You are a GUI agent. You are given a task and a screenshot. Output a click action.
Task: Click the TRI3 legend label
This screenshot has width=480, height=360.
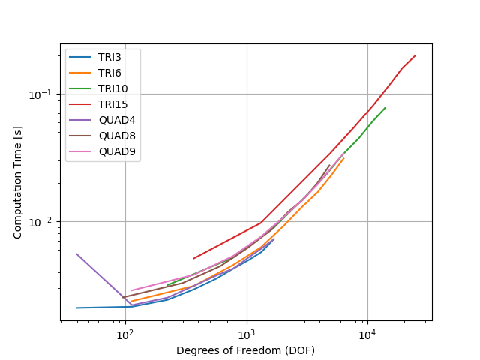pos(109,57)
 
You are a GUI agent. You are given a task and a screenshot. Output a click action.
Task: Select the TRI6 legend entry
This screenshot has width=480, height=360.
pos(109,73)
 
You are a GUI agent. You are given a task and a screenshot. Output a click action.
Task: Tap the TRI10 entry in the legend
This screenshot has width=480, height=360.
pos(113,88)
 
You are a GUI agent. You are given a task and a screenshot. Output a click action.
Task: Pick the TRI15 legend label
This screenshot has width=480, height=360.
pos(113,104)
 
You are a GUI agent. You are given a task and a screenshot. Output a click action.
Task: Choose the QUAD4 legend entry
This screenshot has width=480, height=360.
pos(117,120)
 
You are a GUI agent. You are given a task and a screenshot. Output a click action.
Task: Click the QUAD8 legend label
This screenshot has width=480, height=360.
pos(117,136)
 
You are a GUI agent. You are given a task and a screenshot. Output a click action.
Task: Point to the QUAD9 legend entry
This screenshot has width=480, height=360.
pos(117,151)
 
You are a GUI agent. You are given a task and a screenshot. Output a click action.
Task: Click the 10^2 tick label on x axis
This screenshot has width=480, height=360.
pos(125,335)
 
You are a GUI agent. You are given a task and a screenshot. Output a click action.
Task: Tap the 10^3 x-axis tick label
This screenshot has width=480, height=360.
pos(247,335)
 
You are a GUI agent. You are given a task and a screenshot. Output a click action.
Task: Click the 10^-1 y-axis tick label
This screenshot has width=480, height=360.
pos(43,94)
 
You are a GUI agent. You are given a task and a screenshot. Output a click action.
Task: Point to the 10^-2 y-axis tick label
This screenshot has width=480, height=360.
pos(43,222)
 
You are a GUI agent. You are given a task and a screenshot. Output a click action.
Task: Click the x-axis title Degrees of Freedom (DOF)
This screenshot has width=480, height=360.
pos(245,350)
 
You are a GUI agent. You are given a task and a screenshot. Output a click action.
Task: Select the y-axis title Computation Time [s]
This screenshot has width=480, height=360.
pos(17,182)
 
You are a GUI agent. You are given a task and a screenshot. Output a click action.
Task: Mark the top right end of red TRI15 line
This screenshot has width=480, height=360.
pos(415,55)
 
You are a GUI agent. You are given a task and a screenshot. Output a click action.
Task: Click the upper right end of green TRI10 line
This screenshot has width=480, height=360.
pos(385,107)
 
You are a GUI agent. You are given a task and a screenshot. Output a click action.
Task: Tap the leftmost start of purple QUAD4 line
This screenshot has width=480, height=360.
pos(76,253)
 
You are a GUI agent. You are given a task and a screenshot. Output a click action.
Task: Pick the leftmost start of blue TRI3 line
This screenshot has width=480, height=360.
pos(76,307)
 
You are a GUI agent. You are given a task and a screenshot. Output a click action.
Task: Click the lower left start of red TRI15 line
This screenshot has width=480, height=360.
pos(193,259)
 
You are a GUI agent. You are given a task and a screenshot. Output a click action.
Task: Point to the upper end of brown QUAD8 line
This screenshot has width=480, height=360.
pos(330,165)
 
